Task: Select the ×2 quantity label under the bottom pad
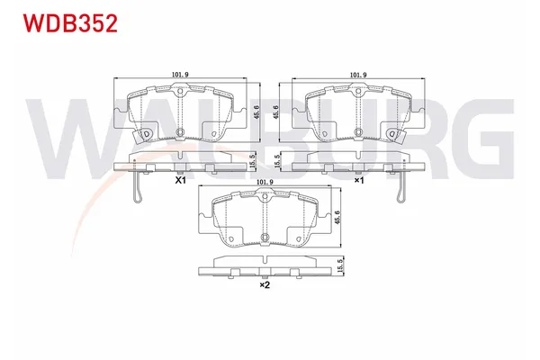265,285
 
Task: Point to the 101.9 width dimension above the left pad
180,76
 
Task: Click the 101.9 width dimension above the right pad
358,76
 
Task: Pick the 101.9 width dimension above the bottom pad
265,184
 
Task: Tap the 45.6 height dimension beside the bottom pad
339,216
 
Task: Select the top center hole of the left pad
180,92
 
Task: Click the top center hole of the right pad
358,92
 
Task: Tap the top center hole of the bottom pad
265,199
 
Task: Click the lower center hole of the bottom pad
265,238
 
